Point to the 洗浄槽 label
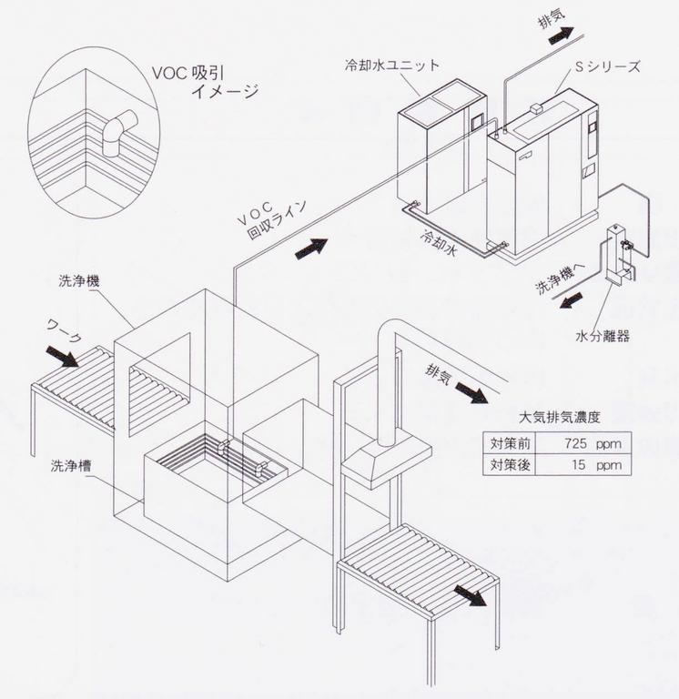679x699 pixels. pyautogui.click(x=71, y=464)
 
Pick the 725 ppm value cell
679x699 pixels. pyautogui.click(x=582, y=444)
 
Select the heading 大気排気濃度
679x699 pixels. pyautogui.click(x=559, y=419)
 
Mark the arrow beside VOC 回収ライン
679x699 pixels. pyautogui.click(x=310, y=246)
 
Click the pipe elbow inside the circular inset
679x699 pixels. pyautogui.click(x=117, y=132)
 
